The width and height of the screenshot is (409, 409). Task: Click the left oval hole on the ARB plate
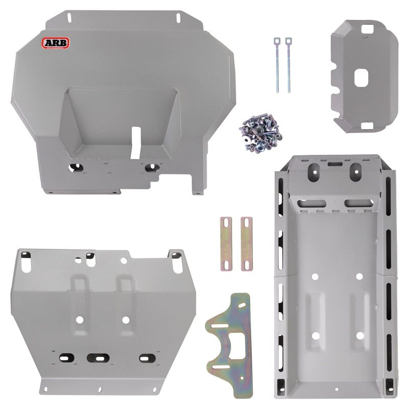click(x=75, y=167)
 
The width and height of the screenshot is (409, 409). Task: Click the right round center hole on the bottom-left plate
click(x=125, y=320)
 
